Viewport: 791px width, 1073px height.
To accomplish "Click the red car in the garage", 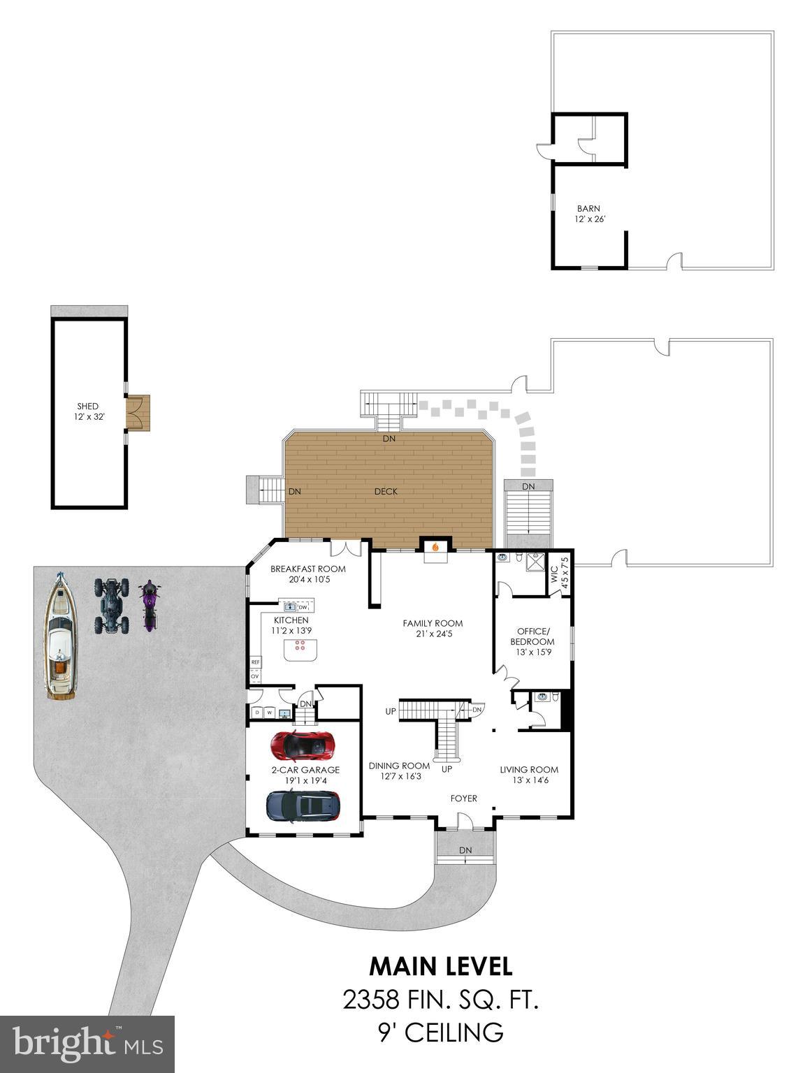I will click(x=302, y=746).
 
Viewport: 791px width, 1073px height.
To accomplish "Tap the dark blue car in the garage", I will click(x=303, y=805).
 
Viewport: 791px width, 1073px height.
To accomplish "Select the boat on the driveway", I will click(x=61, y=636).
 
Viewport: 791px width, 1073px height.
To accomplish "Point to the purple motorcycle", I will click(x=149, y=606).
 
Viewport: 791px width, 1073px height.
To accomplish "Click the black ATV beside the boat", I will click(x=112, y=605).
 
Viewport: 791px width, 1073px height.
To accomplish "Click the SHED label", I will click(x=88, y=406).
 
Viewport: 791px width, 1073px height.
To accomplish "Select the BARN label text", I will click(x=588, y=208).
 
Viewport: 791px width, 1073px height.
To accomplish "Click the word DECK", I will click(x=386, y=492).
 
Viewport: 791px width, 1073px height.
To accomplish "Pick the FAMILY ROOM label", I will click(x=433, y=623).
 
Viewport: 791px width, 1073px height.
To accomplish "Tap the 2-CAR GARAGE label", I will click(x=305, y=770).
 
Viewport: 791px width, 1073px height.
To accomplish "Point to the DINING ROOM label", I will click(x=400, y=766).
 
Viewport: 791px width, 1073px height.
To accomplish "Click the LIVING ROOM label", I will click(x=529, y=770).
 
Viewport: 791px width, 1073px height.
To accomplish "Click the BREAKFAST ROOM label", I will click(x=307, y=569).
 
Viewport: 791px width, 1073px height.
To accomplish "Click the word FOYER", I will click(x=463, y=798).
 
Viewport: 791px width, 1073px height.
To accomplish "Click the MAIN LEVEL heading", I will click(x=441, y=966).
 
